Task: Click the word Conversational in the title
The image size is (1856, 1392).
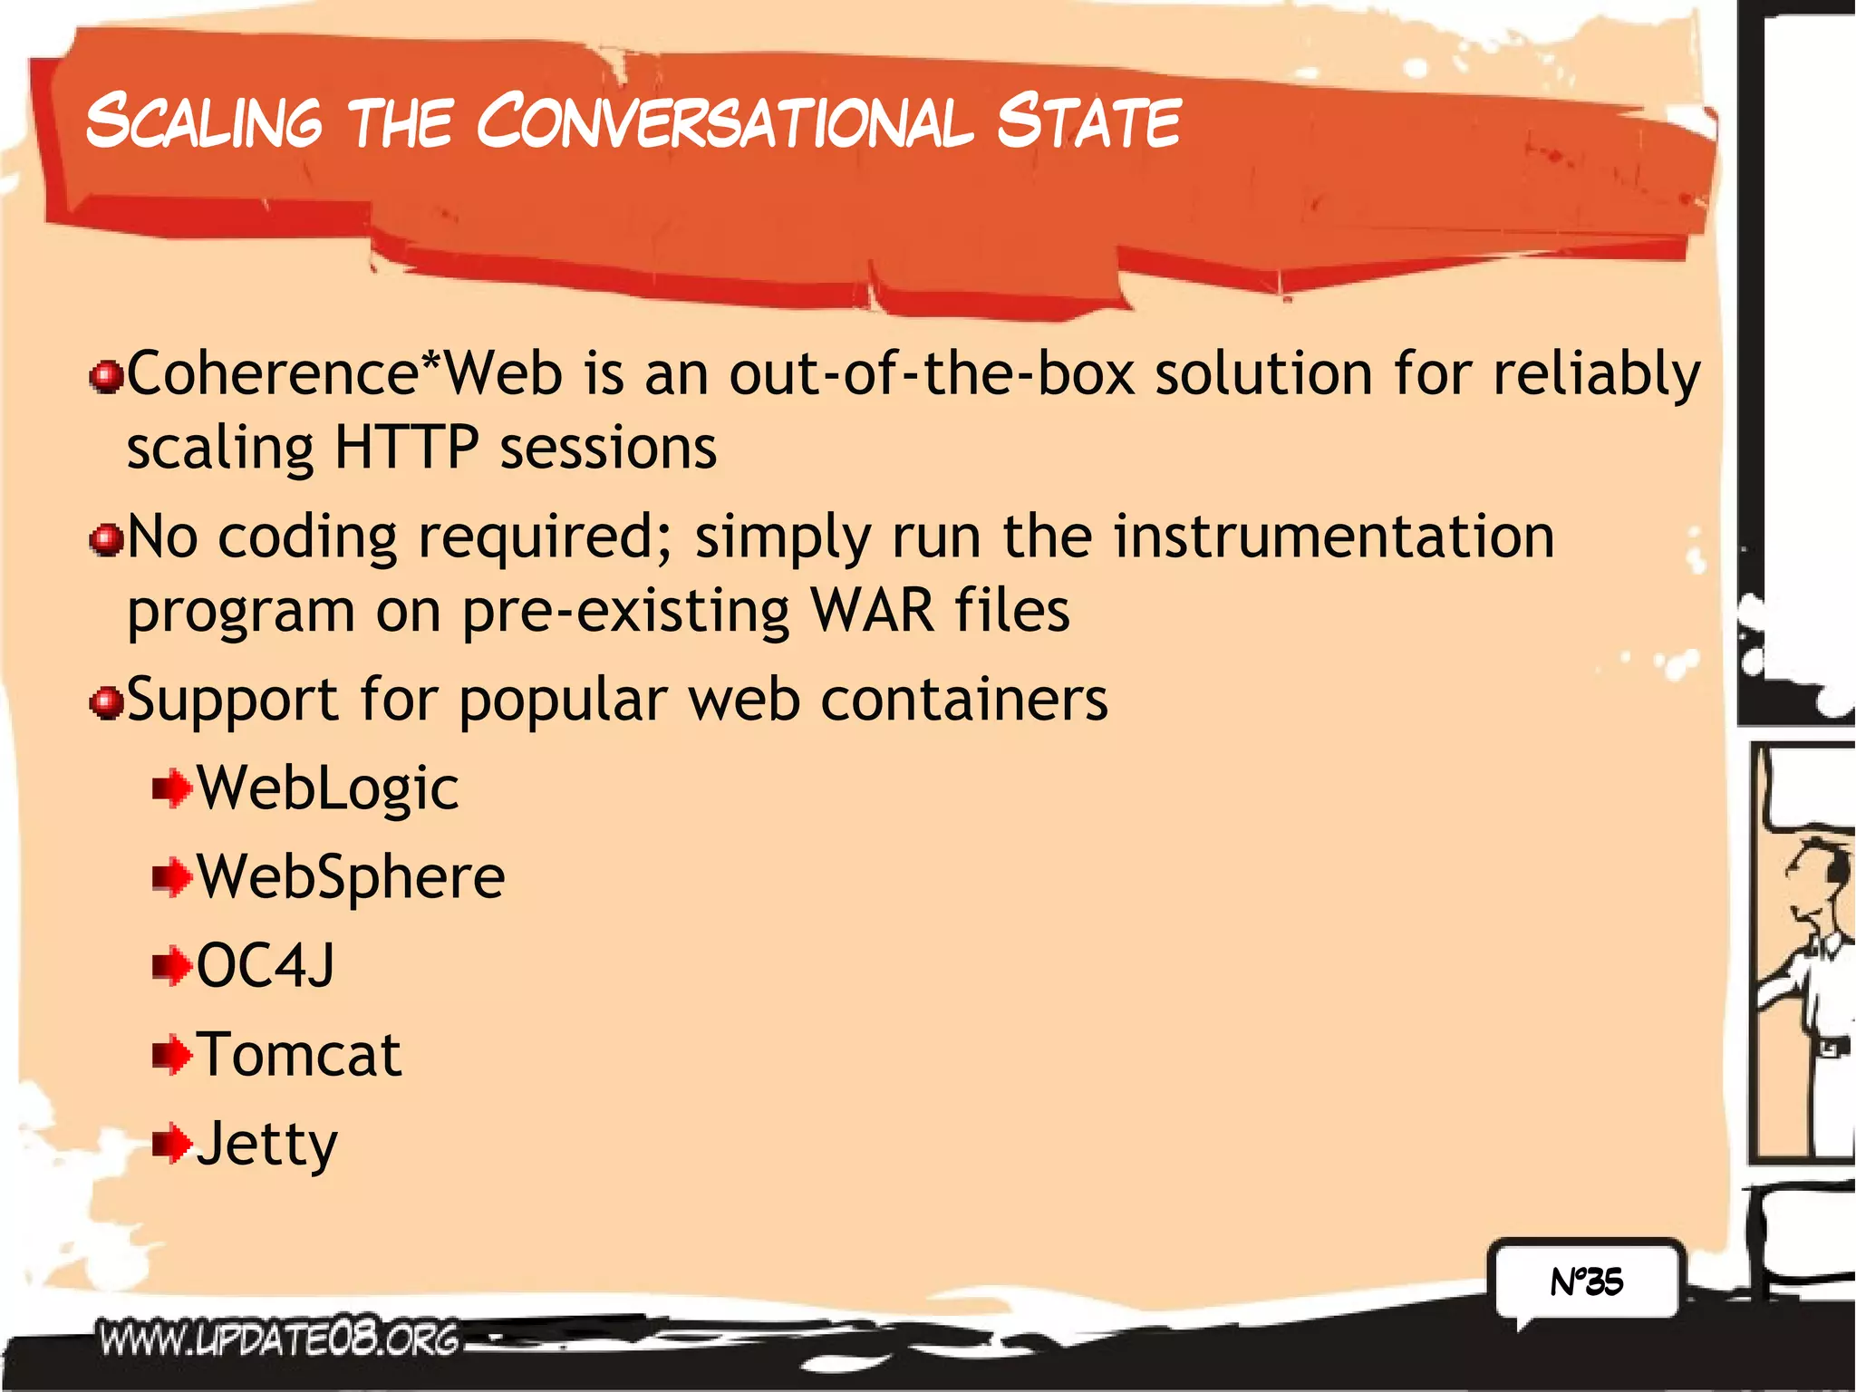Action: click(725, 121)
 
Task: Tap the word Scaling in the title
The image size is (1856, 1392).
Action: click(204, 121)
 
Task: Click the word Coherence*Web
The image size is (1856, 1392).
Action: click(344, 373)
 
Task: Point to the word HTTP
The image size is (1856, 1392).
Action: click(406, 447)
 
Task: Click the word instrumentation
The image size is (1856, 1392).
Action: click(1334, 536)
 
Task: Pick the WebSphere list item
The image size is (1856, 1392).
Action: click(351, 876)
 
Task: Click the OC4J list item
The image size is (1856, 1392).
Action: click(265, 965)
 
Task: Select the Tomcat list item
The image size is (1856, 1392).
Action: click(299, 1054)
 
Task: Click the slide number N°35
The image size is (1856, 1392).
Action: click(1587, 1281)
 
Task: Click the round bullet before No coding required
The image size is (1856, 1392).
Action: click(107, 540)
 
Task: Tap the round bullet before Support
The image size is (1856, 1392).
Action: click(107, 702)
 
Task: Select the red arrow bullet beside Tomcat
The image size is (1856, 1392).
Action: click(172, 1055)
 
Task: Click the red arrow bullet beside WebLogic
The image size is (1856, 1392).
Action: click(172, 788)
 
